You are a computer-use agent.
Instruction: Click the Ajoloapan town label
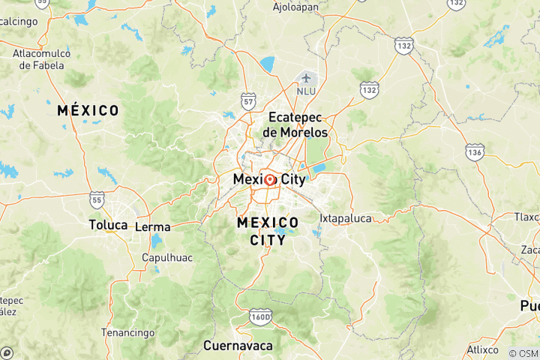pyautogui.click(x=296, y=7)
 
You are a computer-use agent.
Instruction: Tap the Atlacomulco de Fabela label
pyautogui.click(x=43, y=59)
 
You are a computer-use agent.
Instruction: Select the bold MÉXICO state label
pyautogui.click(x=88, y=111)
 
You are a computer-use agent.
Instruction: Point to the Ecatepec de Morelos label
pyautogui.click(x=295, y=124)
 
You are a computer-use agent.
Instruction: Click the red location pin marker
pyautogui.click(x=270, y=180)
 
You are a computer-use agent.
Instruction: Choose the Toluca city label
pyautogui.click(x=108, y=225)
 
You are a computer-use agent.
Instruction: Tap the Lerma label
pyautogui.click(x=152, y=226)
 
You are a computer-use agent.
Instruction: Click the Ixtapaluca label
pyautogui.click(x=346, y=218)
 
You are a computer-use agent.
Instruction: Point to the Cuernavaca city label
pyautogui.click(x=238, y=346)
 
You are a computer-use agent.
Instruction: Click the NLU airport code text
pyautogui.click(x=306, y=91)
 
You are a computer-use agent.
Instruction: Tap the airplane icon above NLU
pyautogui.click(x=306, y=78)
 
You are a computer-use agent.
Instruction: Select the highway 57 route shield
pyautogui.click(x=249, y=100)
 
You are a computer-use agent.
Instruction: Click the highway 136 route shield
pyautogui.click(x=474, y=152)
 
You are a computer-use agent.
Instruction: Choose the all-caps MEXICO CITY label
pyautogui.click(x=268, y=231)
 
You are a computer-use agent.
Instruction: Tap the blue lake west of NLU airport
pyautogui.click(x=268, y=64)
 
